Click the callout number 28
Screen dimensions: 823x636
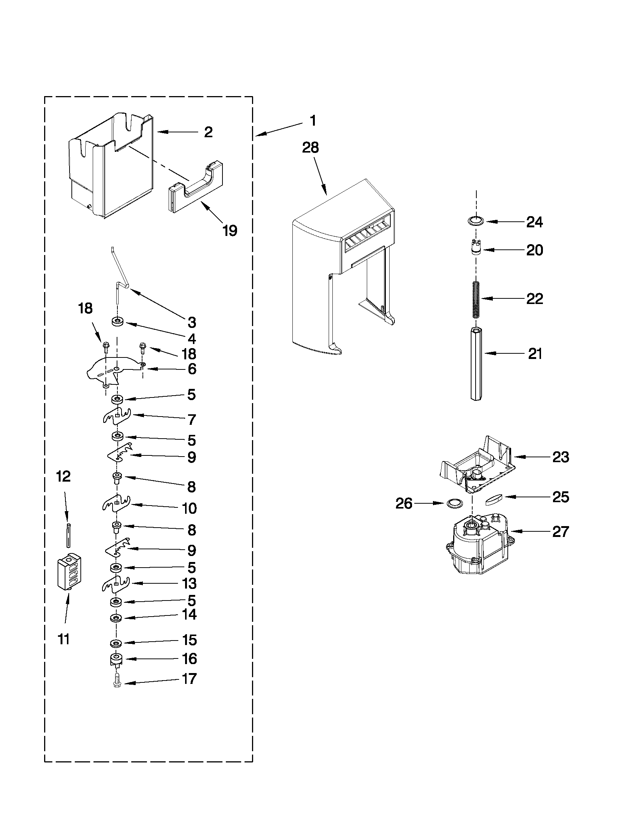pyautogui.click(x=310, y=148)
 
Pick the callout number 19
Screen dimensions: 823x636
pyautogui.click(x=230, y=230)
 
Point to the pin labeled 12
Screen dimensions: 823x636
pyautogui.click(x=68, y=535)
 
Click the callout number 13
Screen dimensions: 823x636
pyautogui.click(x=190, y=583)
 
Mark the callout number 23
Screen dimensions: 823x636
pyautogui.click(x=560, y=457)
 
